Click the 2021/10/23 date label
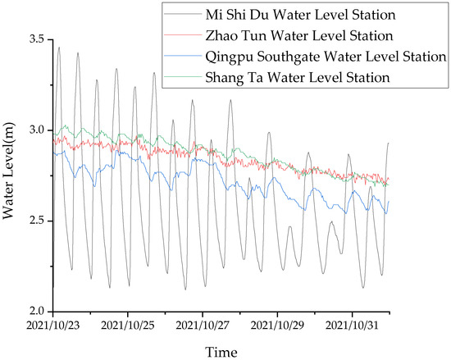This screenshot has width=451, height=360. [54, 326]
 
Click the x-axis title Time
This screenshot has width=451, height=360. [222, 350]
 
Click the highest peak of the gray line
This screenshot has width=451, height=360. [58, 48]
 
